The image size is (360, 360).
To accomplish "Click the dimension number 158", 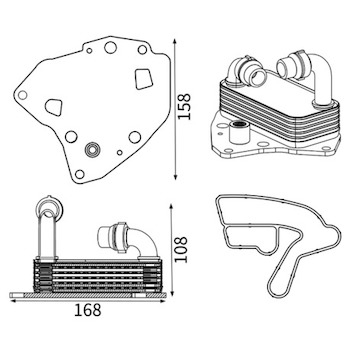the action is [x=184, y=106].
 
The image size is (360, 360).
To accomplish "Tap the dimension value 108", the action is [x=181, y=250].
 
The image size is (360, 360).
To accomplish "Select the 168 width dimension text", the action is [x=87, y=310].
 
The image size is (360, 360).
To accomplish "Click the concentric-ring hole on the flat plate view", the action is [x=92, y=150].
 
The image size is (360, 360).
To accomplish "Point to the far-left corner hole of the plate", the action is [x=22, y=95].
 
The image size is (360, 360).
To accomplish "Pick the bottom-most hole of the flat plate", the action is [x=80, y=174].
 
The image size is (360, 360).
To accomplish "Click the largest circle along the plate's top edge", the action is [x=110, y=47].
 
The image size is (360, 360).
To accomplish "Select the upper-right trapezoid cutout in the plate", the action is [x=144, y=79].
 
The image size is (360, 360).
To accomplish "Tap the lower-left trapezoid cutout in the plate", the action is [x=54, y=107].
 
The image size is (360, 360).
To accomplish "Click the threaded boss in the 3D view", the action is [x=240, y=131].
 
